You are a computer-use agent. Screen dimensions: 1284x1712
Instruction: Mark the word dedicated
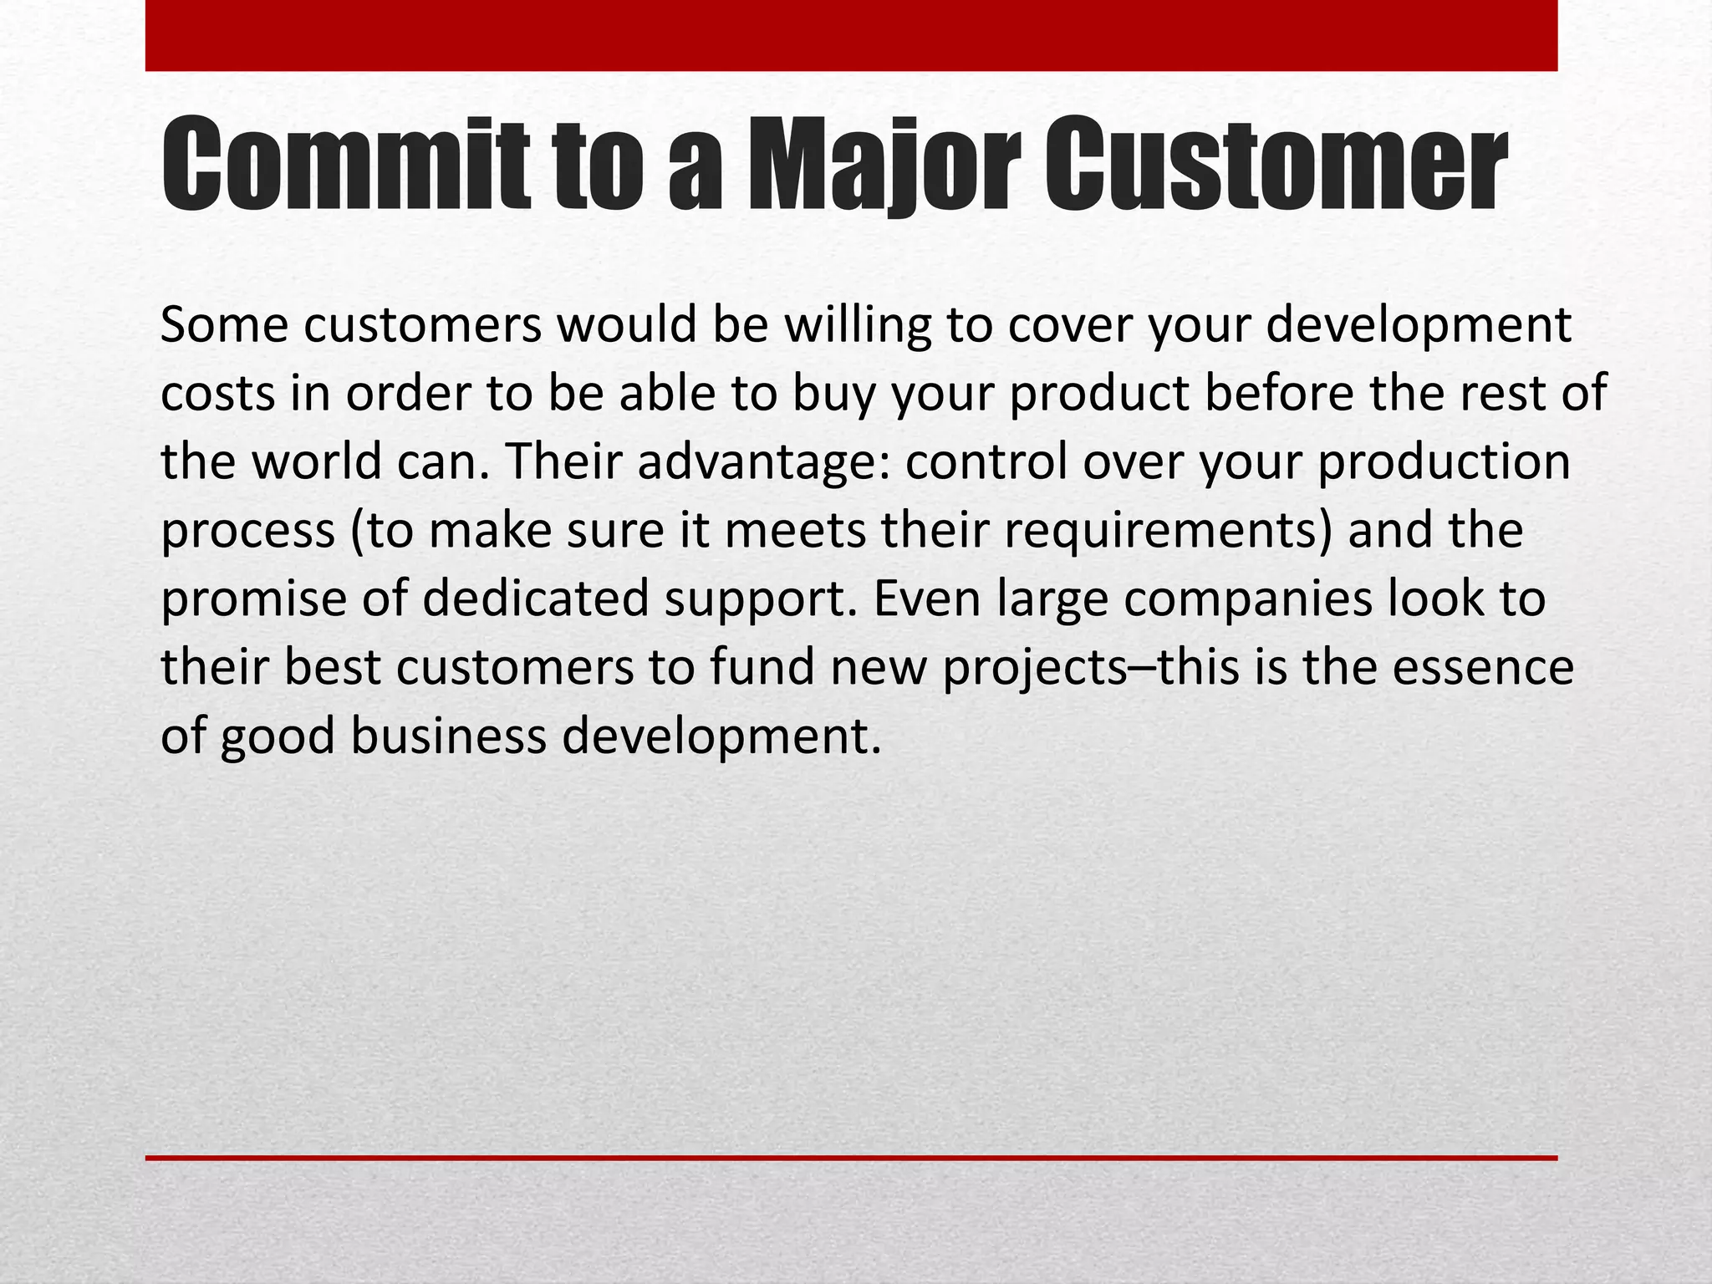535,599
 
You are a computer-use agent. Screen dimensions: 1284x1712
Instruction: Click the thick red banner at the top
851,35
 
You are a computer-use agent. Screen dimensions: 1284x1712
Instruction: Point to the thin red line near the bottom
851,1158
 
